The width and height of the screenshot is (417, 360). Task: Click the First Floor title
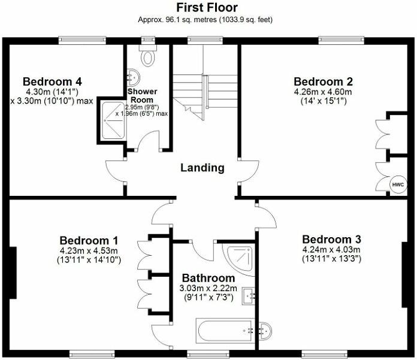(x=207, y=8)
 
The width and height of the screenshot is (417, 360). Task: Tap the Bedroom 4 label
(x=52, y=81)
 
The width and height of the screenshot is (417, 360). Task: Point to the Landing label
(x=203, y=168)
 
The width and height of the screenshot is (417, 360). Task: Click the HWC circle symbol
(x=398, y=185)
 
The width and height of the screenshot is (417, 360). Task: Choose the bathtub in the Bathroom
(x=225, y=329)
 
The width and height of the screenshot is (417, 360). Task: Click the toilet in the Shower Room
(x=147, y=58)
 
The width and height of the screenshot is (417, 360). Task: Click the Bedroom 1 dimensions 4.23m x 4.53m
(x=89, y=251)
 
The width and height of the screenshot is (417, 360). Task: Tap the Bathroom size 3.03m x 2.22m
(x=208, y=289)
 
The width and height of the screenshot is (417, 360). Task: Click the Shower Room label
(x=142, y=95)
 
